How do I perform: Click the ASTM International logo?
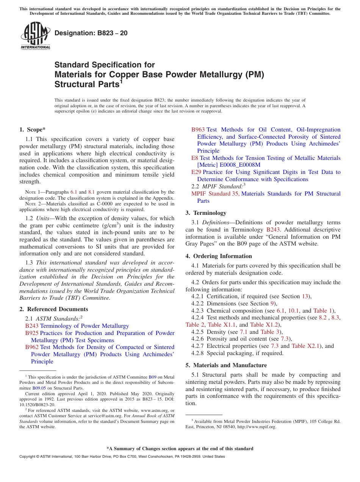coord(35,36)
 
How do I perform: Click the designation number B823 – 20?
coord(91,33)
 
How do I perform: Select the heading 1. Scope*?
coord(33,129)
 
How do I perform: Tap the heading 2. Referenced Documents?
coord(53,309)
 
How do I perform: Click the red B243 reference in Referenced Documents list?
coord(32,326)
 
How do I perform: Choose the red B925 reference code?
coord(32,333)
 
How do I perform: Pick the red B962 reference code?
coord(32,347)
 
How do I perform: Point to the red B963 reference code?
coord(198,130)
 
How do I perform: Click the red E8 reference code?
coord(194,158)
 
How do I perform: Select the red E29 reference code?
coord(196,172)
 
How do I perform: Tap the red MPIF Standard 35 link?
coord(216,194)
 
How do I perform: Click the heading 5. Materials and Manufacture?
coord(226,365)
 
